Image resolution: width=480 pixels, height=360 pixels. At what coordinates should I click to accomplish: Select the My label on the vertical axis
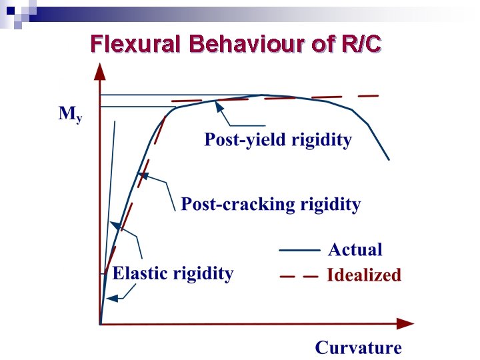70,114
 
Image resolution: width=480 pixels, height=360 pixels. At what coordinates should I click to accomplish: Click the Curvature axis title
358,347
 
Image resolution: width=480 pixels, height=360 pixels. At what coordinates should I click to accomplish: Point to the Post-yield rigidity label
277,140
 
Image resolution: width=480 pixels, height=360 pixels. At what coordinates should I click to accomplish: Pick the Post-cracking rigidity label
271,204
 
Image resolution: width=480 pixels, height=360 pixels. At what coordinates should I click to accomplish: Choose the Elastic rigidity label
173,273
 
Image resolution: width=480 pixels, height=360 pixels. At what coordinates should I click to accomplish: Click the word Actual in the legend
355,250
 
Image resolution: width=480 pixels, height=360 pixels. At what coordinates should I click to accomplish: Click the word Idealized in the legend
364,275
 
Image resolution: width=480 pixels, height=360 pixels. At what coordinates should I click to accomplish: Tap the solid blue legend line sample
299,251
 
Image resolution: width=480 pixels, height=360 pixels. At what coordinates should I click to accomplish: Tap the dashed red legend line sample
299,276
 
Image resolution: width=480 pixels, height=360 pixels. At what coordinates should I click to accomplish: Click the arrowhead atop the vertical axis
99,69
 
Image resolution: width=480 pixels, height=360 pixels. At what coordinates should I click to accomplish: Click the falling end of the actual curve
388,159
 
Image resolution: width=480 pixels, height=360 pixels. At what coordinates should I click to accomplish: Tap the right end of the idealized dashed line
377,96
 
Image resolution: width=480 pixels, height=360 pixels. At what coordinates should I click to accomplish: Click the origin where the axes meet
100,323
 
